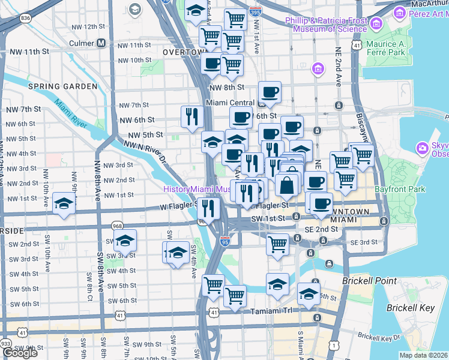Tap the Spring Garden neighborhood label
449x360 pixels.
tap(62, 86)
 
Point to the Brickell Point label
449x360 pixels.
tap(369, 281)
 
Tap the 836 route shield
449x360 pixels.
tap(25, 18)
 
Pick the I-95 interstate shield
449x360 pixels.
tap(224, 242)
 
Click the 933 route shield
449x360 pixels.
tap(5, 343)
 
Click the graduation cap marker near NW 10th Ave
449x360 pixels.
tap(64, 203)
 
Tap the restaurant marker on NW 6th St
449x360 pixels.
tap(192, 116)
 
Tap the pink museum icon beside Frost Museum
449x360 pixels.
tap(377, 24)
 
